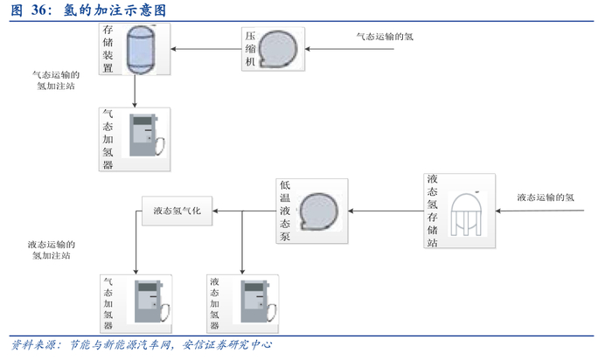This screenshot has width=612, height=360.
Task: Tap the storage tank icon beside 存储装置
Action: pos(138,49)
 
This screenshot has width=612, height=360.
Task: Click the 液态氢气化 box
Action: pos(177,211)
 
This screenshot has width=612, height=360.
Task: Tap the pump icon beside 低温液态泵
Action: pos(318,211)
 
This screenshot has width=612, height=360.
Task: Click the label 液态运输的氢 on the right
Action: pos(546,197)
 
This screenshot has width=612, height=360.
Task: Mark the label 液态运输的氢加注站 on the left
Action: pos(52,250)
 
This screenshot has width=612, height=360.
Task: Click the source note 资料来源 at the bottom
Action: pos(140,345)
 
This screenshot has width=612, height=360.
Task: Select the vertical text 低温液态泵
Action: pos(285,211)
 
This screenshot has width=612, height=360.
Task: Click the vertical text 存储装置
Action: pos(108,49)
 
